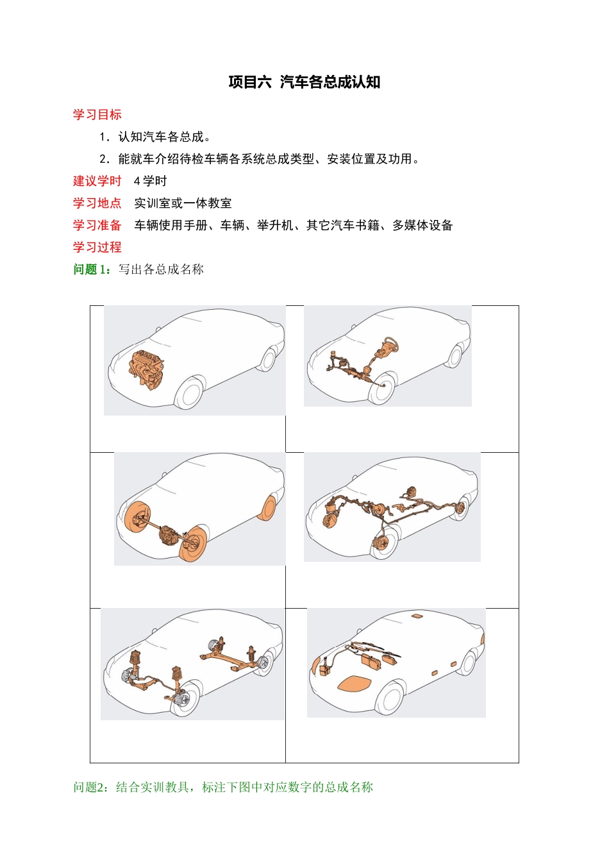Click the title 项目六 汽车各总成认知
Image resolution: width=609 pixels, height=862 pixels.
point(304,82)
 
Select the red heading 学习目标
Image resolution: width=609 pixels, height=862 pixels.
point(97,115)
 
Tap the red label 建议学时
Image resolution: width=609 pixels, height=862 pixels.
point(97,181)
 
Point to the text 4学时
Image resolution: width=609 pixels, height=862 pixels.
point(150,181)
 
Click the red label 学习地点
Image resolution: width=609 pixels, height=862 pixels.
point(97,203)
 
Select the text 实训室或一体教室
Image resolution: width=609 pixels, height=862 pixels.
point(183,203)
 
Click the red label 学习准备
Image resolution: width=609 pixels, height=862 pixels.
point(97,225)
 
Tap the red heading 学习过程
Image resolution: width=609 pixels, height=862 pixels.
point(97,247)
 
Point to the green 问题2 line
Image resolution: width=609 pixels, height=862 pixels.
point(222,787)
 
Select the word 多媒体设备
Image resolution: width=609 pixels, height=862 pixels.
point(422,225)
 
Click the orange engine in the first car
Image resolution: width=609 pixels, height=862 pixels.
point(147,370)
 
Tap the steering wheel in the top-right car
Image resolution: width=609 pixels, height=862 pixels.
point(390,346)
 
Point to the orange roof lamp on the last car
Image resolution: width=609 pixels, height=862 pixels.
point(417,616)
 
